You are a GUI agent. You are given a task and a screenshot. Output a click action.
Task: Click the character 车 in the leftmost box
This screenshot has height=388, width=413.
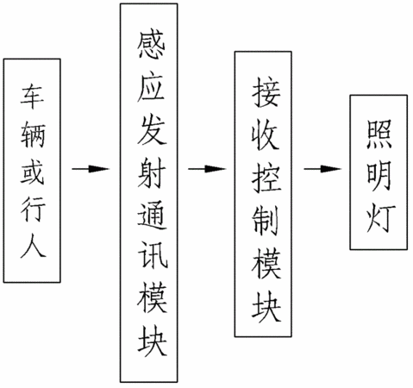[32, 97]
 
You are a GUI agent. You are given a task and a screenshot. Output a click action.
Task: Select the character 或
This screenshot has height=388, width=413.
[32, 172]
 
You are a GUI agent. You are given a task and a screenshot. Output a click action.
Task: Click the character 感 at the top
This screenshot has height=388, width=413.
[151, 45]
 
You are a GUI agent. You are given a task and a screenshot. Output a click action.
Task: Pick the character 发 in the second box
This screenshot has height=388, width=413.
[152, 130]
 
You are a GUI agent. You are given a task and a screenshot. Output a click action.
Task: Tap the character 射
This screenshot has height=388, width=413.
[152, 172]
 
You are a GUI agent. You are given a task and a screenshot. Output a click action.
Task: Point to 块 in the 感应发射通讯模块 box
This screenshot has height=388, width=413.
[152, 341]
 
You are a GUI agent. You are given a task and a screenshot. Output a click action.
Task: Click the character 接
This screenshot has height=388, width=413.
[266, 92]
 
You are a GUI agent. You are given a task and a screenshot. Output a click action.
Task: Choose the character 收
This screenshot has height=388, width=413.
[266, 135]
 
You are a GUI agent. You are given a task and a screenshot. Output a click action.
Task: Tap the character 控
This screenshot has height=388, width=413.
[266, 178]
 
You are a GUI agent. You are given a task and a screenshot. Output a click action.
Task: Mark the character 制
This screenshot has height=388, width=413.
[266, 222]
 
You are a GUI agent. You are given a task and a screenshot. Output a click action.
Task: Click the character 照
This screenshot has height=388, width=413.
[379, 135]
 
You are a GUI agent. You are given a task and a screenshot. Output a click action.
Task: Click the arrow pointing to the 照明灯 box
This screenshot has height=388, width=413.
[322, 169]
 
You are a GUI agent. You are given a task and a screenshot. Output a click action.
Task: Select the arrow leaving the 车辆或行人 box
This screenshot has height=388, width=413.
[91, 169]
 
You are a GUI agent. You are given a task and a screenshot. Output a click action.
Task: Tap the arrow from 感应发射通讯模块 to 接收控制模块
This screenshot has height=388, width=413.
[207, 169]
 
